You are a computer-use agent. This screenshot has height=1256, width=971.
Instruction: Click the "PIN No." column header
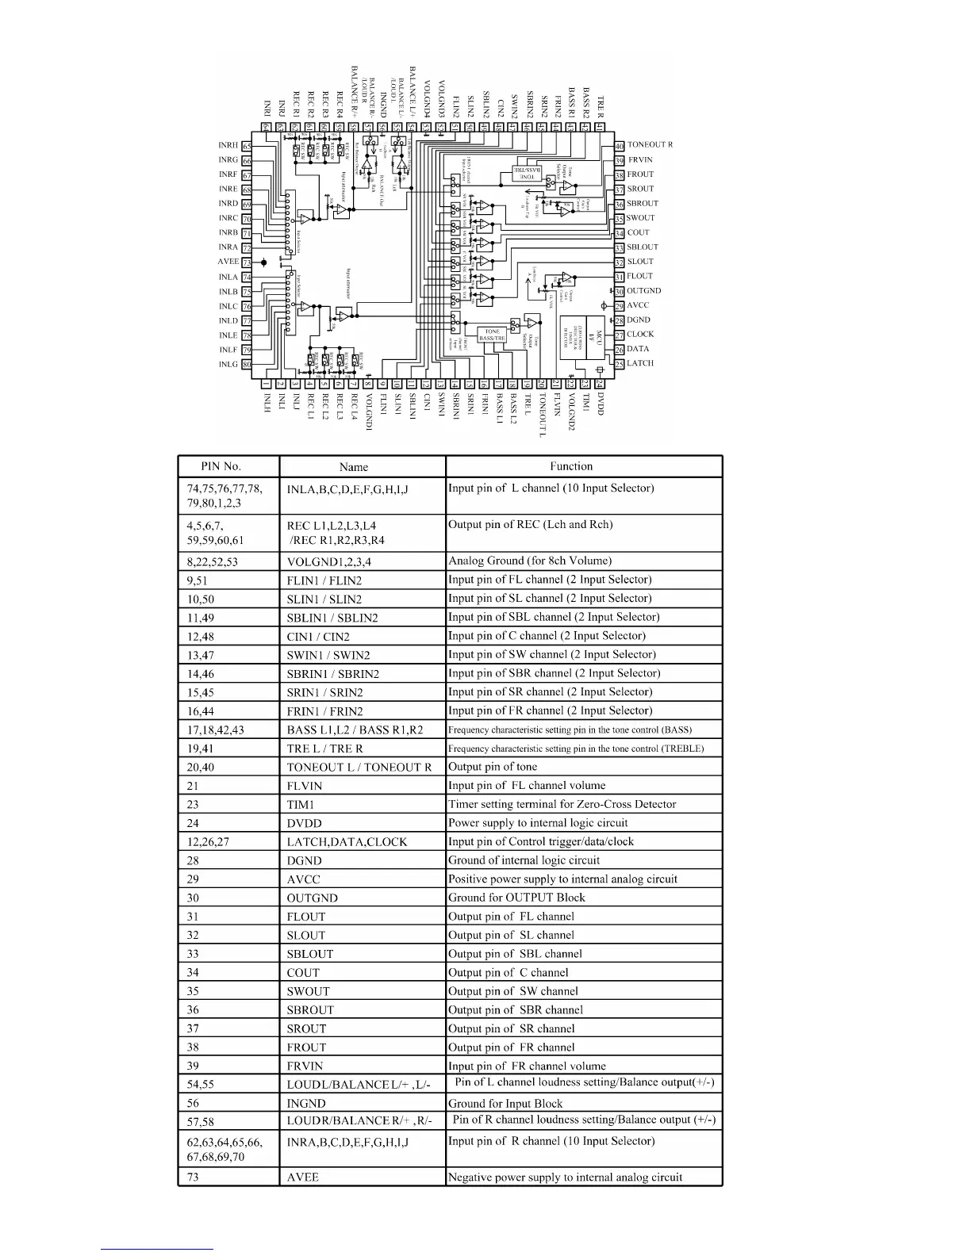point(221,466)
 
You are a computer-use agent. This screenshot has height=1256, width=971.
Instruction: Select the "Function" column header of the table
point(570,466)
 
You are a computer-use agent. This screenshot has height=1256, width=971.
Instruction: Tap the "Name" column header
point(353,467)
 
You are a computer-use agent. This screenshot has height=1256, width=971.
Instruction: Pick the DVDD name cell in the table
point(305,823)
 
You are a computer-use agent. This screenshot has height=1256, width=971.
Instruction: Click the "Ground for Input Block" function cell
point(505,1103)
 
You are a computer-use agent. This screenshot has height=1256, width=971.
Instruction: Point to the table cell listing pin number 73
point(193,1177)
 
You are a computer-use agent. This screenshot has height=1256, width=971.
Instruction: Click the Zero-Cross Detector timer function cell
point(562,804)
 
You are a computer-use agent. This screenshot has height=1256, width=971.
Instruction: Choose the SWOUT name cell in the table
point(308,991)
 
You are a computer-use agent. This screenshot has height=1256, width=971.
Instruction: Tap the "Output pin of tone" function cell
point(493,767)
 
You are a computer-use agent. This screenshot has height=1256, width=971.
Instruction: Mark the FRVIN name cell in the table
point(305,1066)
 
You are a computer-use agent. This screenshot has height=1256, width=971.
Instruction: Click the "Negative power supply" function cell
point(565,1177)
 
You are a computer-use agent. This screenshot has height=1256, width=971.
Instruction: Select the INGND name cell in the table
point(306,1103)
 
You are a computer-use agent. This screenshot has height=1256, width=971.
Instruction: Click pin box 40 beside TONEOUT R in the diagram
point(620,146)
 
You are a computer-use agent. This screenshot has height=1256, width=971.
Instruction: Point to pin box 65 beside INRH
point(247,146)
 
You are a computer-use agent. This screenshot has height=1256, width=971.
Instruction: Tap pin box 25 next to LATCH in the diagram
point(620,364)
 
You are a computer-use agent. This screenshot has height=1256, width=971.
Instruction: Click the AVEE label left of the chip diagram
point(228,262)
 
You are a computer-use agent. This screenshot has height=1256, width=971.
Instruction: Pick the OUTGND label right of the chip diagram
point(643,291)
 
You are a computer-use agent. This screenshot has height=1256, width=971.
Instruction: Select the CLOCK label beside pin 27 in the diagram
point(640,335)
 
